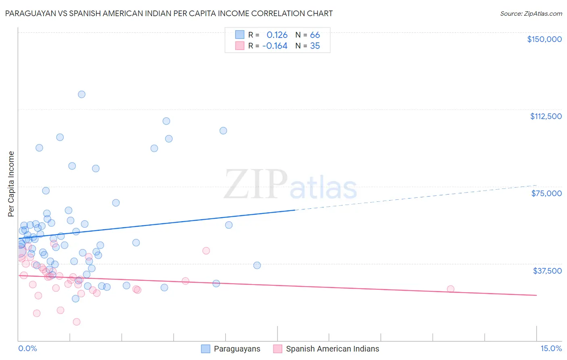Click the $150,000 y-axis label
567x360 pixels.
point(544,39)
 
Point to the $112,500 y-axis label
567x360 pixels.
point(546,116)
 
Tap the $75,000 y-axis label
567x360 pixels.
point(546,193)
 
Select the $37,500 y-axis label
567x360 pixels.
point(547,271)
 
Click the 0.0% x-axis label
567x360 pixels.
point(27,348)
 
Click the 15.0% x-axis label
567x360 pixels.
point(551,348)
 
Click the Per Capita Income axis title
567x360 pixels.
point(11,184)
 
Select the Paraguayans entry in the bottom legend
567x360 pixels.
point(237,349)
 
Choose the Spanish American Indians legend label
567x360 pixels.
point(332,349)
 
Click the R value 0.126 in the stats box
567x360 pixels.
point(277,35)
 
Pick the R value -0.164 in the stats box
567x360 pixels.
point(275,46)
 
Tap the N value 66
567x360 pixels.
point(315,35)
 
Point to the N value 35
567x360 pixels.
point(315,46)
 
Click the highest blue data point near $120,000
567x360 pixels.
point(81,94)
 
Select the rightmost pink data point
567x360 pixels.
point(450,289)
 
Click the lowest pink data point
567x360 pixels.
point(77,322)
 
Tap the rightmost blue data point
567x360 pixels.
point(257,265)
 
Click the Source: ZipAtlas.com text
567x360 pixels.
point(531,14)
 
